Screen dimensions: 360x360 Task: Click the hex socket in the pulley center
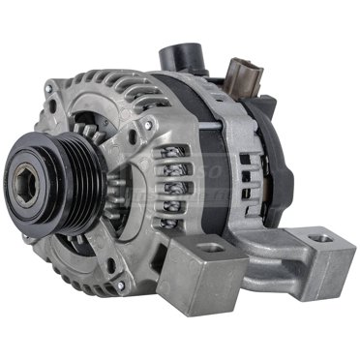click(x=32, y=177)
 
